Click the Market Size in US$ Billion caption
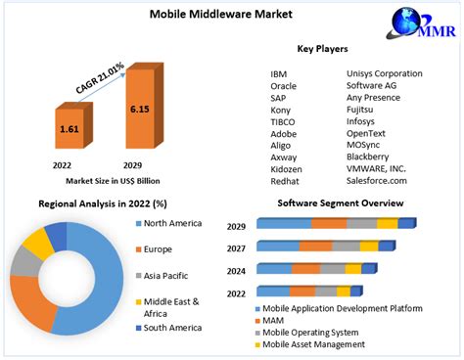[112, 181]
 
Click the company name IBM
[280, 73]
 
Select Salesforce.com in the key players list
[377, 180]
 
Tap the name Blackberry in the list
[373, 157]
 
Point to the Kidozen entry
[287, 168]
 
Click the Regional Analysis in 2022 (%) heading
[102, 203]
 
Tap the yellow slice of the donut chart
[38, 241]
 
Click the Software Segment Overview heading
[340, 203]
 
